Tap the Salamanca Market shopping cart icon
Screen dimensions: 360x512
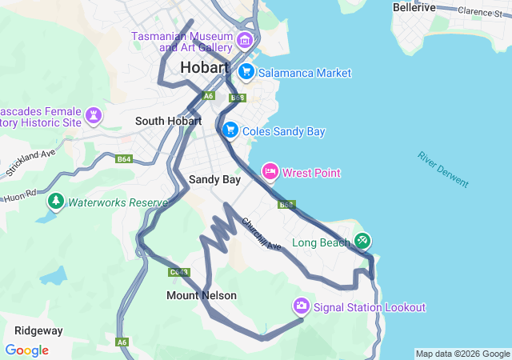(246, 72)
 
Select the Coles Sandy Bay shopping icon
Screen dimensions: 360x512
(230, 130)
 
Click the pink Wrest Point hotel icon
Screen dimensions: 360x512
(270, 172)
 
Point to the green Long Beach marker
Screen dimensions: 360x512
(362, 240)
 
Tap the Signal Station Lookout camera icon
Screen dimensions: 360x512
(302, 306)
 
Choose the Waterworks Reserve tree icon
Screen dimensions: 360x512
(55, 202)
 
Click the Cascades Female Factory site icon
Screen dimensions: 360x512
(94, 116)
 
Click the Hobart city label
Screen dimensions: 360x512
(205, 68)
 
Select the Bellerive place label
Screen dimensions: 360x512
(414, 7)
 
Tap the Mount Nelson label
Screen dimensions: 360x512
(202, 295)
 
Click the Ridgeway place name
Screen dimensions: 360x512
(38, 330)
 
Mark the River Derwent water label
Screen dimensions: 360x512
(442, 169)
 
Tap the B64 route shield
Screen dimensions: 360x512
(123, 159)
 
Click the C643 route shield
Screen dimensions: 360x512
(178, 272)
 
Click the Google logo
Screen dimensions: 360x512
(26, 350)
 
